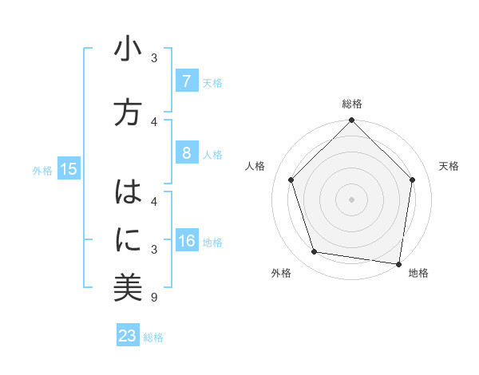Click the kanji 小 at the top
click(x=128, y=51)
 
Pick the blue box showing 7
click(x=186, y=81)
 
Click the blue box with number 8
click(x=186, y=154)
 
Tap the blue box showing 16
click(x=186, y=242)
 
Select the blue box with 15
click(x=69, y=168)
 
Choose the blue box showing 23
click(x=128, y=336)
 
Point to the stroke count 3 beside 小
click(x=154, y=57)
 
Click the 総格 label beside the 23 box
click(x=153, y=337)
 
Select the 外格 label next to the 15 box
click(x=42, y=170)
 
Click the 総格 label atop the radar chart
click(x=351, y=104)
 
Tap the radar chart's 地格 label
click(x=418, y=273)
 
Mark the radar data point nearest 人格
click(x=291, y=180)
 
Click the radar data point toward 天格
click(x=412, y=180)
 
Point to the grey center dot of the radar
click(x=351, y=199)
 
